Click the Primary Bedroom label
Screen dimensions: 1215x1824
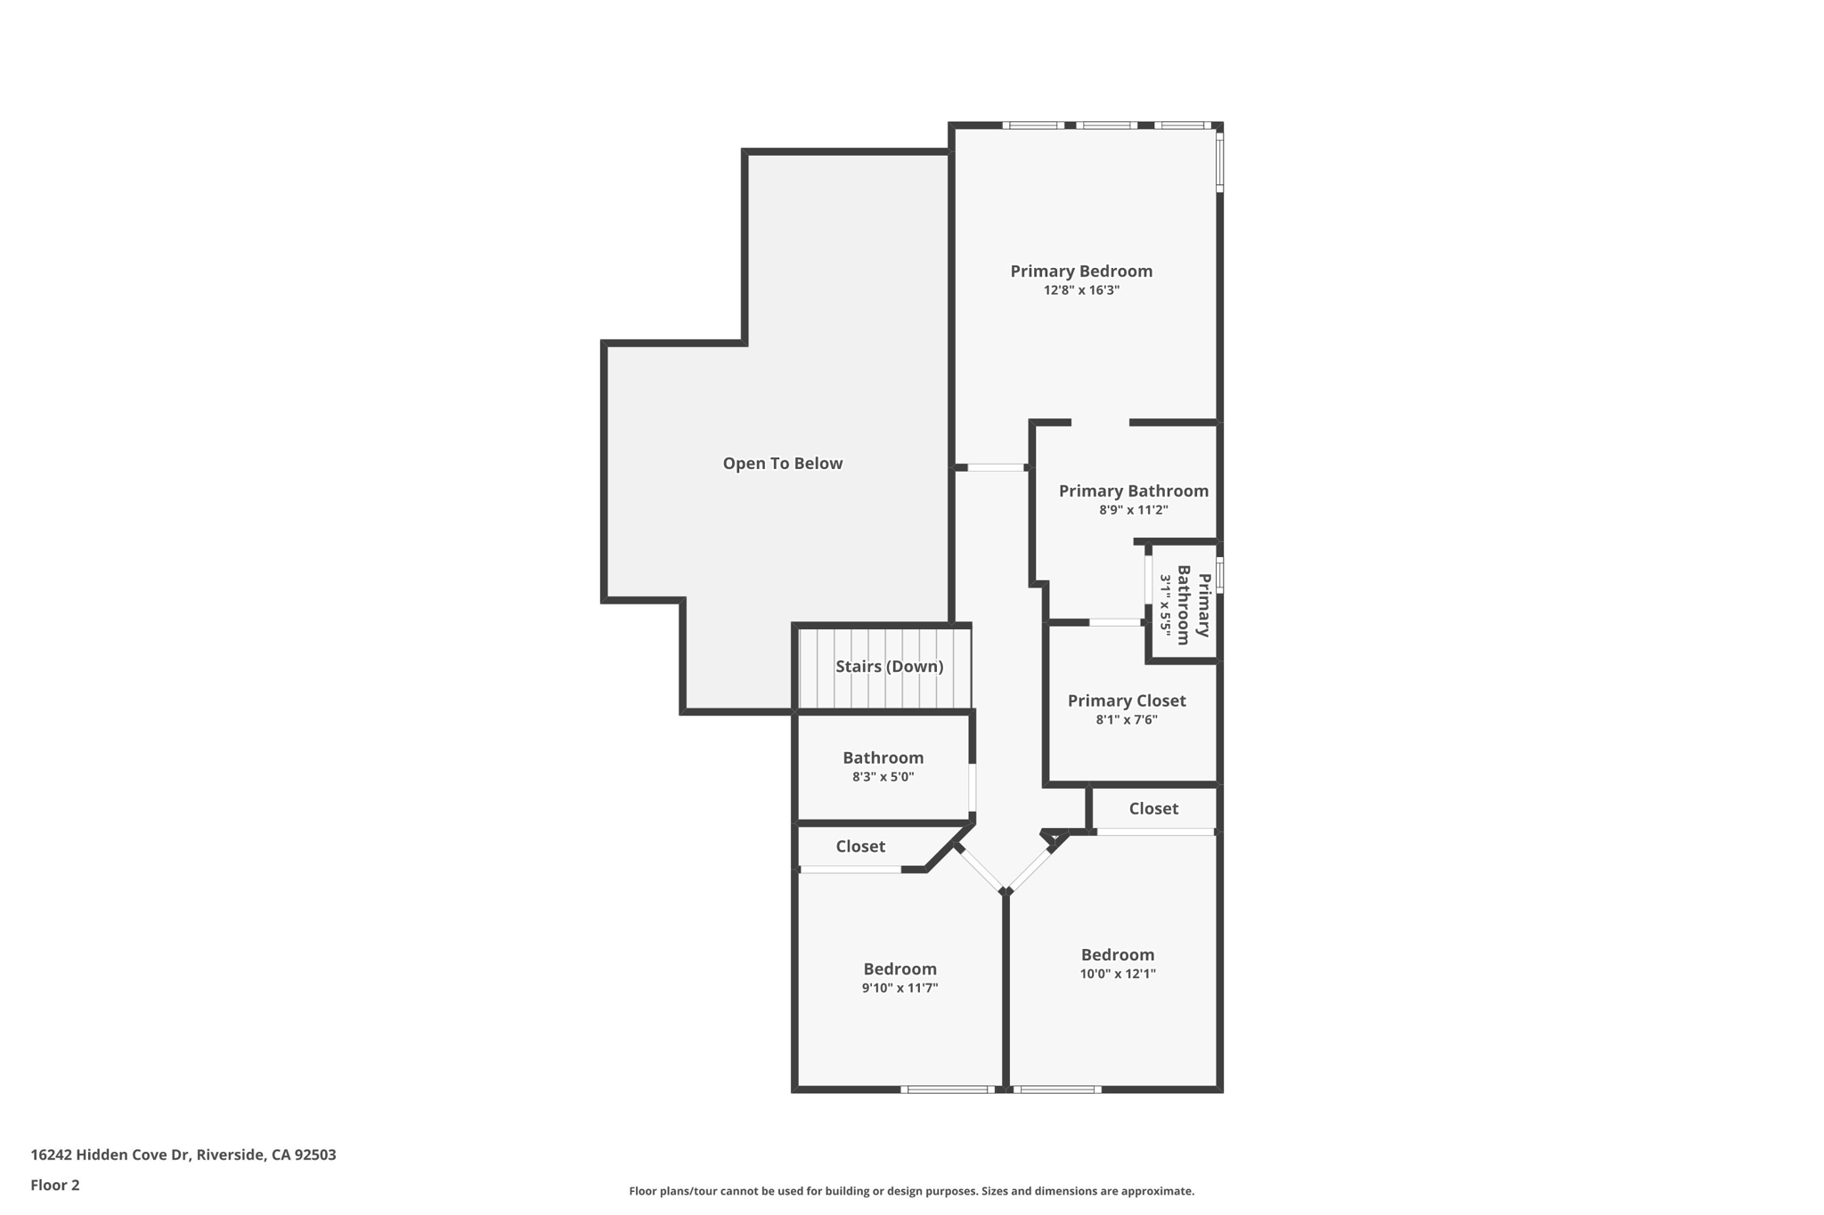(1080, 271)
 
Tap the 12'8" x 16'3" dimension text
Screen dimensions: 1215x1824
(1080, 290)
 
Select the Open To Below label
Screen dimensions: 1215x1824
(782, 463)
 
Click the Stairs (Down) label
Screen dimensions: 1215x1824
(889, 666)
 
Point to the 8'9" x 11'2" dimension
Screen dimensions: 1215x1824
(1133, 510)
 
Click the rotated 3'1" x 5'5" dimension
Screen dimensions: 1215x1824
(1165, 604)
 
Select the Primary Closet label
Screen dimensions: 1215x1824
(1126, 701)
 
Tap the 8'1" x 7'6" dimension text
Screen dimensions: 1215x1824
(1126, 720)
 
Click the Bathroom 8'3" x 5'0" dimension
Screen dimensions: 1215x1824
(883, 777)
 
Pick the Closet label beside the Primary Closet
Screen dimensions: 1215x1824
(1153, 808)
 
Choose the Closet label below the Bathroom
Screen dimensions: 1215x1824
(859, 846)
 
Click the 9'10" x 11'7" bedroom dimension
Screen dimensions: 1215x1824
(900, 988)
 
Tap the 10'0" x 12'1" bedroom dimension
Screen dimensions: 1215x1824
(1117, 974)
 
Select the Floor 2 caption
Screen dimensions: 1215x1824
(55, 1185)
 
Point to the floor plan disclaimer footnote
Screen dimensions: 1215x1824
(911, 1191)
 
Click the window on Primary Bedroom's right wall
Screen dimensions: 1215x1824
(1219, 160)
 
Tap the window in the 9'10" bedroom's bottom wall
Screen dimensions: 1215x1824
(948, 1089)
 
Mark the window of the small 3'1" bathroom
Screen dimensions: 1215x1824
(1219, 574)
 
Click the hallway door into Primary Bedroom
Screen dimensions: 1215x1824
(996, 467)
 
